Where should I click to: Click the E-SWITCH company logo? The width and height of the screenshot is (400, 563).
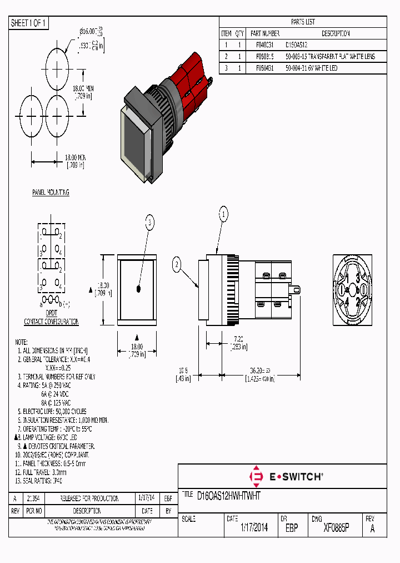[287, 476]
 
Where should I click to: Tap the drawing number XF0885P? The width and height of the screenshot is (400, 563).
[336, 528]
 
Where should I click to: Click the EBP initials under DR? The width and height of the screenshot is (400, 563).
[292, 528]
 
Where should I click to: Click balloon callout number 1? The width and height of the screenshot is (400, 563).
[223, 214]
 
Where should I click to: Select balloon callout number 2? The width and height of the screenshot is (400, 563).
[177, 265]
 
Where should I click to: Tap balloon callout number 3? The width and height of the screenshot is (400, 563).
[149, 223]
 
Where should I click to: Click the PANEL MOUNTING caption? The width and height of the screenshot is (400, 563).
[51, 192]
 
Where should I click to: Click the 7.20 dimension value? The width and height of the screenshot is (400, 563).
[237, 338]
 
